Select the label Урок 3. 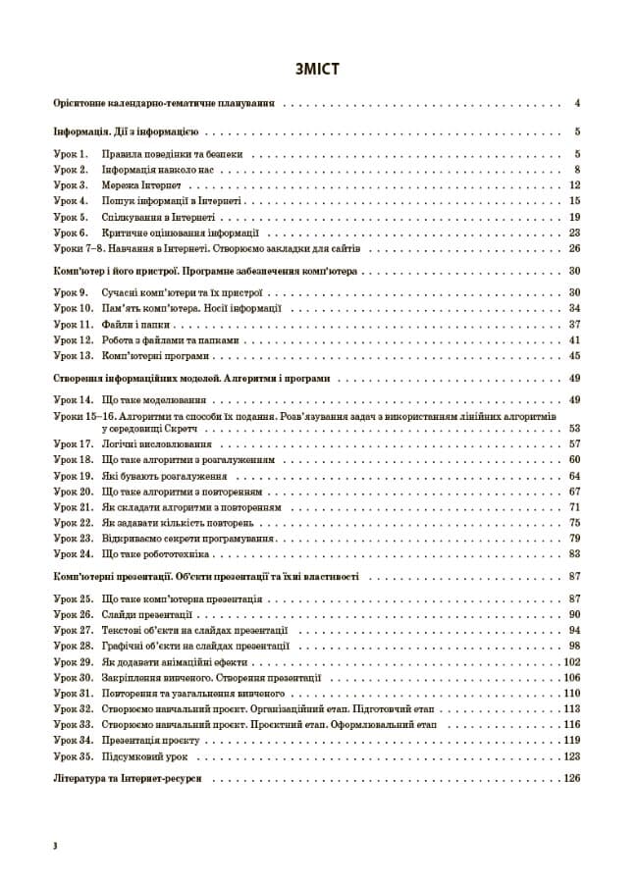tap(71, 185)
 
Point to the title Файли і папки tap(161, 324)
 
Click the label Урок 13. tap(73, 355)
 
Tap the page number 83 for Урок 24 tap(576, 554)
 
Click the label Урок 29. tap(73, 662)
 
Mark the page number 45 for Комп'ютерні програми tap(576, 355)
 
